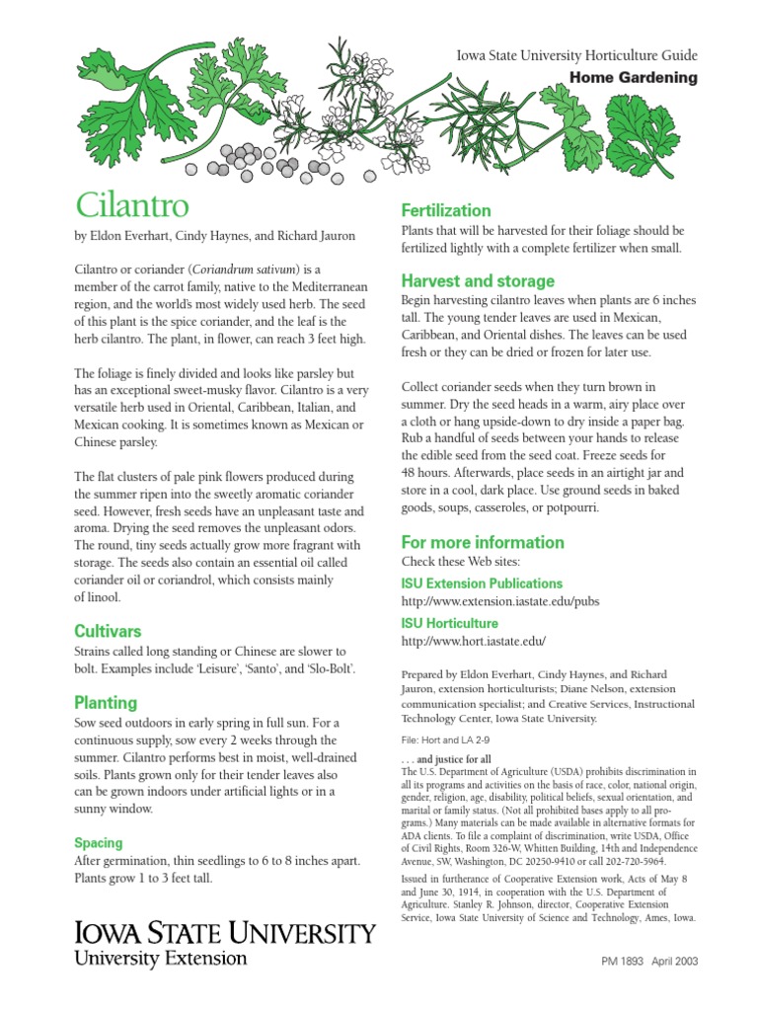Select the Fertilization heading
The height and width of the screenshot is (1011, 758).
click(x=445, y=210)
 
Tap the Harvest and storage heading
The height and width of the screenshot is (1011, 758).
click(x=478, y=280)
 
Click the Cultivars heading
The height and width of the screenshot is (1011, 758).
click(x=109, y=631)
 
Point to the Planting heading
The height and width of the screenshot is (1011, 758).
click(x=106, y=703)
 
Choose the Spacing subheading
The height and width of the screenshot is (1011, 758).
click(x=99, y=843)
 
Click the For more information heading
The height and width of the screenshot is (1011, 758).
click(x=483, y=542)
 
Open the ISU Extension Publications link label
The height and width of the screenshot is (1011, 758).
click(x=482, y=583)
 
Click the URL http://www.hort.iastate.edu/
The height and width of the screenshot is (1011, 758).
click(x=474, y=642)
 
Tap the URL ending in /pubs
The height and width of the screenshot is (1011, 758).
click(x=500, y=601)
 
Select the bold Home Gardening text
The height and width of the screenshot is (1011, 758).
click(x=634, y=78)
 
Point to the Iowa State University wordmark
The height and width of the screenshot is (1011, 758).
click(x=225, y=933)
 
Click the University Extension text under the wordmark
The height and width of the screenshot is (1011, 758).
click(x=161, y=958)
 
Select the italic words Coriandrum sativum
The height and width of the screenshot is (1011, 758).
click(x=246, y=269)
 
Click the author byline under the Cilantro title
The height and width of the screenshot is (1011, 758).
click(x=215, y=236)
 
